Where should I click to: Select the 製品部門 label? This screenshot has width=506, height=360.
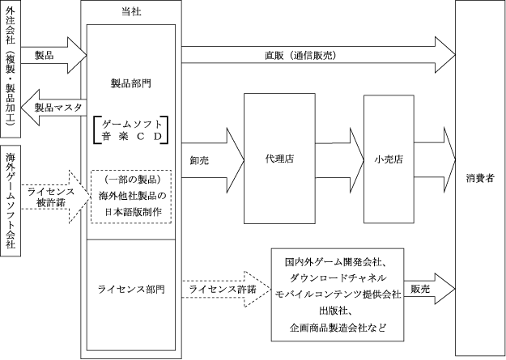tap(130, 83)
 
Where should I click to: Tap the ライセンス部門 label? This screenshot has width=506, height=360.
tap(130, 289)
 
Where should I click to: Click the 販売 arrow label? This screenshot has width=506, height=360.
tap(419, 289)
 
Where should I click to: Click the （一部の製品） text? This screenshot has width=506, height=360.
tap(130, 180)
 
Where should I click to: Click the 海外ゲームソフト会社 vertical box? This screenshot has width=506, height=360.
tap(11, 201)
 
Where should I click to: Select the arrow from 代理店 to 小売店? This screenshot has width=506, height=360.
tap(341, 159)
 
